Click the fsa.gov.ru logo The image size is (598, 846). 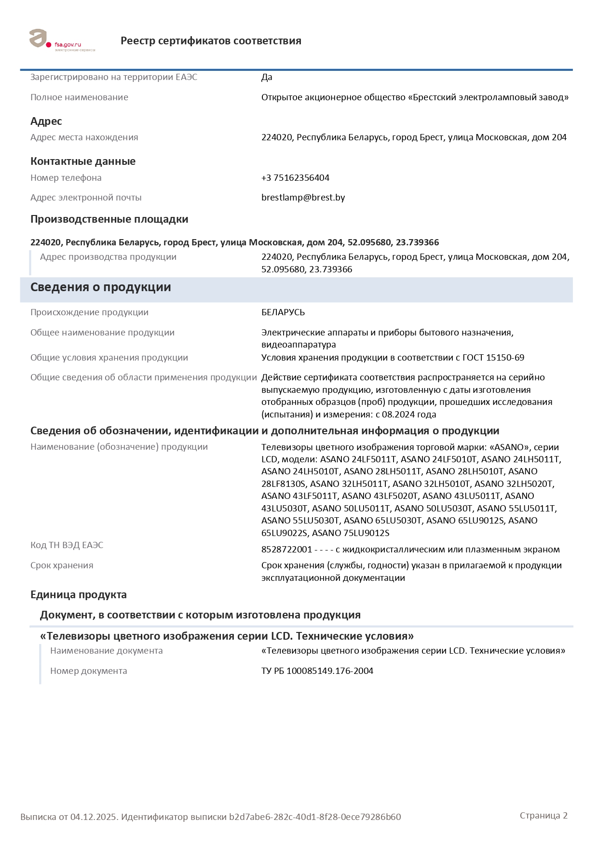tap(62, 40)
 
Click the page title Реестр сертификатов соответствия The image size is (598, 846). tap(211, 41)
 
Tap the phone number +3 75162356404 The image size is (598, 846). tap(295, 178)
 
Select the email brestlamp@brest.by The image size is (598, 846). tap(303, 198)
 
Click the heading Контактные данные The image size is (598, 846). tap(83, 161)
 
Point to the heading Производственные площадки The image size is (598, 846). tap(109, 219)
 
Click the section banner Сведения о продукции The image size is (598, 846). tap(101, 287)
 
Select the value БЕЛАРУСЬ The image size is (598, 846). tap(283, 312)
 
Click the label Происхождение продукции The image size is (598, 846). tap(89, 312)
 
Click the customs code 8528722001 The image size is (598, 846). tap(286, 550)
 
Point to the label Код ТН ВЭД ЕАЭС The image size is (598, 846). tap(67, 545)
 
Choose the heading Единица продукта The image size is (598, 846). tap(79, 595)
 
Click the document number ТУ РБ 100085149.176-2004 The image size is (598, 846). tap(317, 671)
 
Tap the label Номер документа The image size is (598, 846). tap(88, 671)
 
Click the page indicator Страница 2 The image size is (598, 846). tap(544, 816)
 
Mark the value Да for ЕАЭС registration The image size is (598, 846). tap(267, 77)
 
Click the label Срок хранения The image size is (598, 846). tap(62, 565)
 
